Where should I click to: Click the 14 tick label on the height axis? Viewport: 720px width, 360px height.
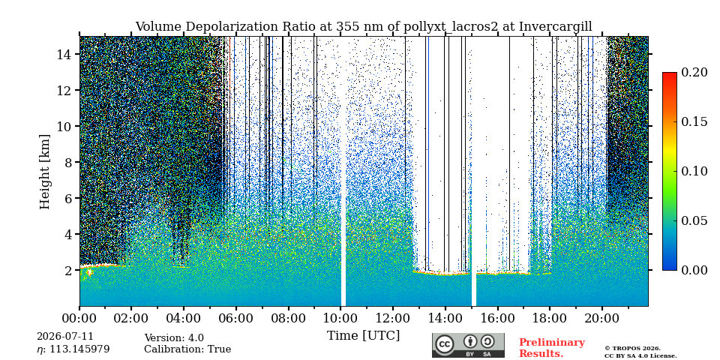pyautogui.click(x=66, y=54)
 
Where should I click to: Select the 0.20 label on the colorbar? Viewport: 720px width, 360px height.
pyautogui.click(x=694, y=72)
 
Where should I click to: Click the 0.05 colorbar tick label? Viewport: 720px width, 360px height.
pyautogui.click(x=694, y=220)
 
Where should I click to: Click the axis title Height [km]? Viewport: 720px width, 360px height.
pyautogui.click(x=44, y=172)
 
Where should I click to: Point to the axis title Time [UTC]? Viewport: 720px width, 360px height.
pyautogui.click(x=363, y=335)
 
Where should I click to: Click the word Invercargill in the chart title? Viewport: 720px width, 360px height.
pyautogui.click(x=556, y=27)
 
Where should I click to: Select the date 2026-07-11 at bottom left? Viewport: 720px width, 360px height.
pyautogui.click(x=64, y=337)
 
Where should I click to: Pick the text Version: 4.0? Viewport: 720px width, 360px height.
pyautogui.click(x=174, y=338)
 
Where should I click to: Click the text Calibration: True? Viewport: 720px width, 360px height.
pyautogui.click(x=187, y=349)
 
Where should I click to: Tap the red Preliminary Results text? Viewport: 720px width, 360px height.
pyautogui.click(x=552, y=348)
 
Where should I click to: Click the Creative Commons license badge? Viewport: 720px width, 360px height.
pyautogui.click(x=468, y=345)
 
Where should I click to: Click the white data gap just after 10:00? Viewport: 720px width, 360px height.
pyautogui.click(x=343, y=171)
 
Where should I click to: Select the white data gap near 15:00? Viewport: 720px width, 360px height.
pyautogui.click(x=473, y=171)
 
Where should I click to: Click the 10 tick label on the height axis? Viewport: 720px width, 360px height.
pyautogui.click(x=66, y=126)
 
